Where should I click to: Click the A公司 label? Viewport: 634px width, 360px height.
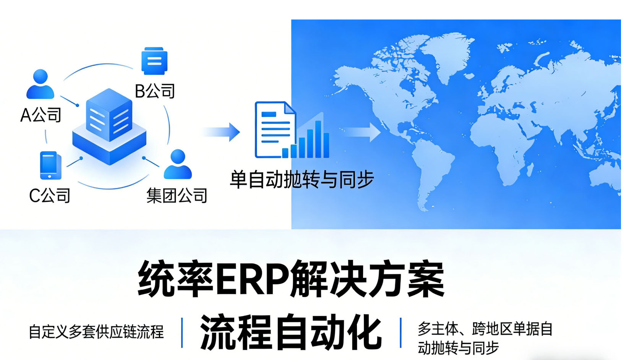41,115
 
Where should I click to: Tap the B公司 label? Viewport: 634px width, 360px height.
155,91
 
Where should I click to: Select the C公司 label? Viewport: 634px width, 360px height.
50,196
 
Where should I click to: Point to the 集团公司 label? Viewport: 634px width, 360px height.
177,195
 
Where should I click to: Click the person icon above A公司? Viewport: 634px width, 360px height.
40,84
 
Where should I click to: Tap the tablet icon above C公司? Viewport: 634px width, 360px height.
50,165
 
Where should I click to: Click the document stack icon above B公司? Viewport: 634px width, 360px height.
154,61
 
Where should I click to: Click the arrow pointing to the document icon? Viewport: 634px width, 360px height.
222,132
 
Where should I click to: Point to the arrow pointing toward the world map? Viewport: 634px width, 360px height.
361,132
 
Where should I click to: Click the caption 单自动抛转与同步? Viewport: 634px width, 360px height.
302,180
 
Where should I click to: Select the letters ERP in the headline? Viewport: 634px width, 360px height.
252,279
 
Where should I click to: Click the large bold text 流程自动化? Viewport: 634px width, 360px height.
291,332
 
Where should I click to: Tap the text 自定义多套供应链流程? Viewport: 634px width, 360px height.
96,332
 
